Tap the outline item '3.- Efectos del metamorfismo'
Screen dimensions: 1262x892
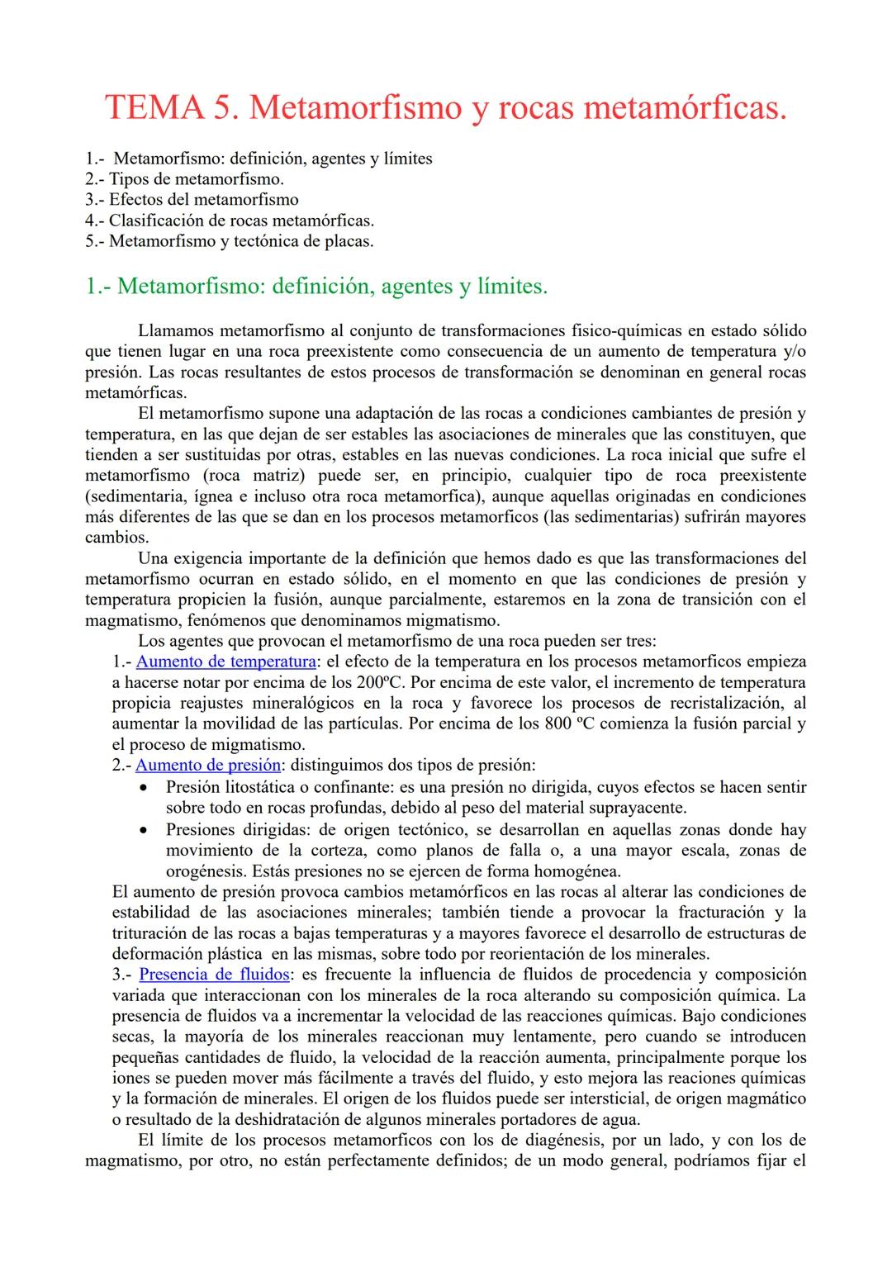tap(192, 199)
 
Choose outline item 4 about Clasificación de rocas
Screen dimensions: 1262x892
tap(230, 221)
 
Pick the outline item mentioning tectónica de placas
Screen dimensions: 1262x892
tap(230, 241)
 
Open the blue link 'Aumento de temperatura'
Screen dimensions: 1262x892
tap(225, 662)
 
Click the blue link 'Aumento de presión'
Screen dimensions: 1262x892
tap(208, 765)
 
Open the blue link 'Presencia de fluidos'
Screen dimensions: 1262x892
tap(214, 975)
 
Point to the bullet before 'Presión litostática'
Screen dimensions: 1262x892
tap(145, 788)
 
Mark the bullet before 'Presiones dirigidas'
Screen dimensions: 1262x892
tap(145, 830)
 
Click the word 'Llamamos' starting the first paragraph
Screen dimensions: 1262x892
tap(176, 330)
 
